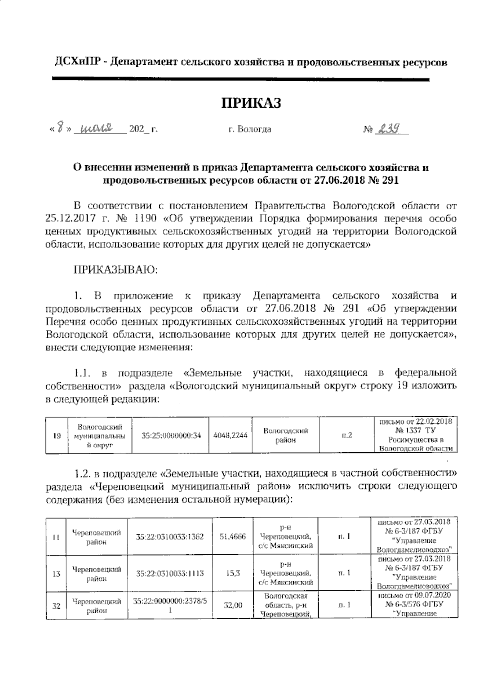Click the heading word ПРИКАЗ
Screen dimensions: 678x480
click(252, 102)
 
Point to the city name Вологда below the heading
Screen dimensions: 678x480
click(254, 130)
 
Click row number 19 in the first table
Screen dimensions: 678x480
click(56, 436)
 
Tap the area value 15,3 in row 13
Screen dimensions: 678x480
click(233, 573)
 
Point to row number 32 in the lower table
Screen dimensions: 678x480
click(56, 606)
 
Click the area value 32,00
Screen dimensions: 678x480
click(233, 606)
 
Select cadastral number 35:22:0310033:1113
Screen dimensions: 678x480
click(170, 573)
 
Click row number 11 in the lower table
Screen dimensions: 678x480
click(56, 537)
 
